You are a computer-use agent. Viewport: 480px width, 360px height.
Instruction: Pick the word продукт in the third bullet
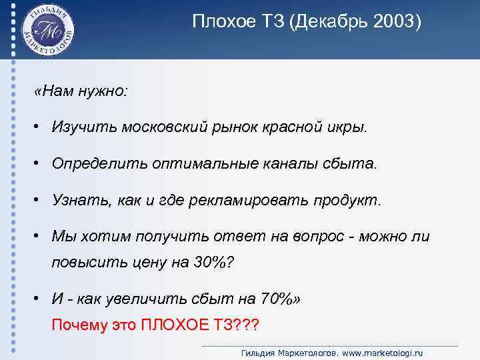pyautogui.click(x=347, y=201)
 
